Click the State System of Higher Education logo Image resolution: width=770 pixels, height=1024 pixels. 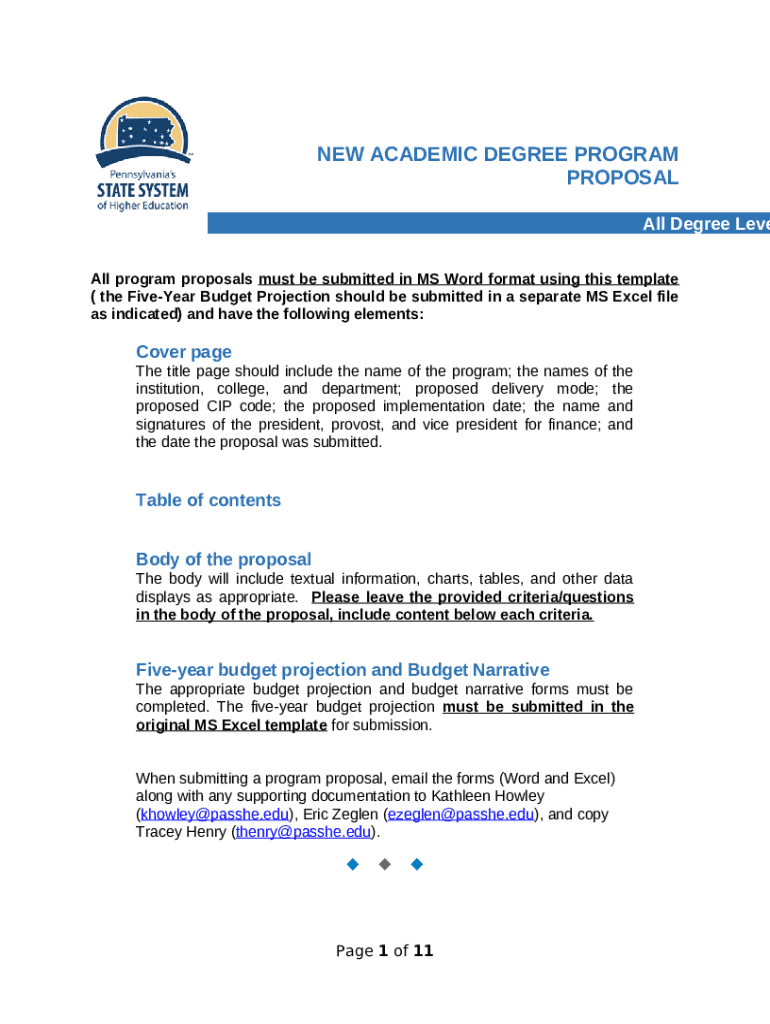click(142, 155)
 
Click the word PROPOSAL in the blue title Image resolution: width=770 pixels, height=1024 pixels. click(622, 178)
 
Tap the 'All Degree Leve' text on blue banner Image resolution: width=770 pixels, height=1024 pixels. click(705, 224)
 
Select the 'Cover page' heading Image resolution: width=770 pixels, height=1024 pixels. click(183, 352)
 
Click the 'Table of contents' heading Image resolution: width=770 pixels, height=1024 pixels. click(208, 500)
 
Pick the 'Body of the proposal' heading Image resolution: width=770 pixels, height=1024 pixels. click(223, 559)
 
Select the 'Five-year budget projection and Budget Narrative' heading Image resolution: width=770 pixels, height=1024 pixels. click(342, 670)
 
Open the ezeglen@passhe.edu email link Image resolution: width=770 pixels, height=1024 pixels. click(460, 814)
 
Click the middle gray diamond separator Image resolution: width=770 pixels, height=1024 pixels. click(384, 863)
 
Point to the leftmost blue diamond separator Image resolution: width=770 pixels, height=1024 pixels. click(351, 863)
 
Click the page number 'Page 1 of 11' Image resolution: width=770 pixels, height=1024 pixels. click(384, 951)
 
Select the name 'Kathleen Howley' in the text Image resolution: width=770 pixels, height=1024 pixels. click(490, 796)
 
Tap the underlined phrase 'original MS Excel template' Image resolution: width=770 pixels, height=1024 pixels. click(231, 725)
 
